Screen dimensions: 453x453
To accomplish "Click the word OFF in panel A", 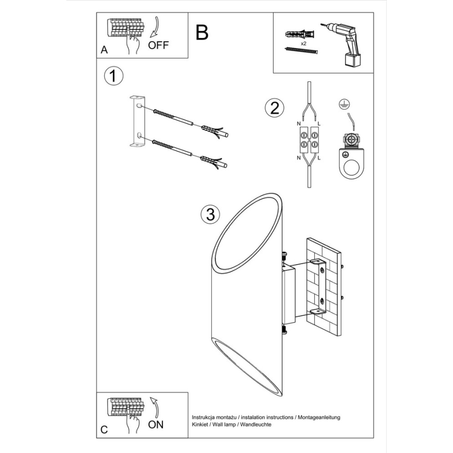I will click(x=159, y=45).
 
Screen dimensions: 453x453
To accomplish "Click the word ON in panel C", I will click(x=156, y=424).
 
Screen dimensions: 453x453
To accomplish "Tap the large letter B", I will click(x=202, y=32).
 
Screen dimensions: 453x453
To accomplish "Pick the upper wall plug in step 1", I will click(x=211, y=129).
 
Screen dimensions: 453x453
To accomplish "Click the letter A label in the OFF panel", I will click(x=104, y=51).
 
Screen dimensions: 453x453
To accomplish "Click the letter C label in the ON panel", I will click(x=104, y=430).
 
